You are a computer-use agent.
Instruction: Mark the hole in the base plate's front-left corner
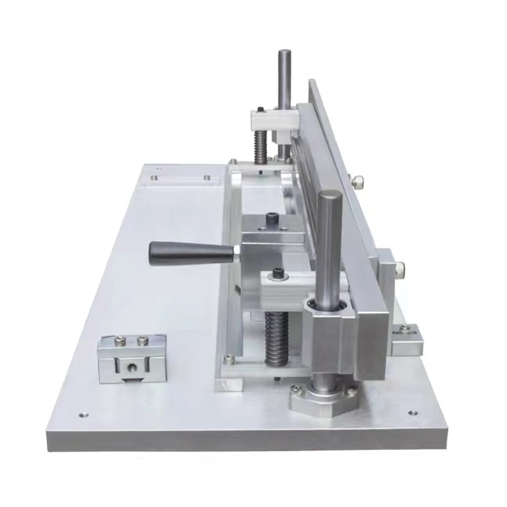click(x=82, y=416)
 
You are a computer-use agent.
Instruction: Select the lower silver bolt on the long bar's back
click(x=402, y=271)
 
